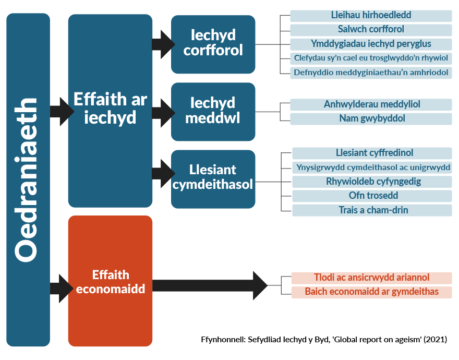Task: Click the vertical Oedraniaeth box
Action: click(28, 179)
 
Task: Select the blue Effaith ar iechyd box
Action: click(110, 111)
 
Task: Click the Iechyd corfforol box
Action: click(213, 44)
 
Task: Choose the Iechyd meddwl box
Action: click(213, 111)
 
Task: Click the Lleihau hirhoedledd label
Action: click(371, 16)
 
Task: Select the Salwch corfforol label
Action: click(371, 30)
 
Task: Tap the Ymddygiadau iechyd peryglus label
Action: click(371, 44)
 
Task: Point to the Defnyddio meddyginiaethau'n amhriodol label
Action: click(371, 73)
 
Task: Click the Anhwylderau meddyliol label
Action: click(371, 104)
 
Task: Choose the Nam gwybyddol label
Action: click(371, 119)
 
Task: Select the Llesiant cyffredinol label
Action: click(372, 153)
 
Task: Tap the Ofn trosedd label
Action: click(372, 196)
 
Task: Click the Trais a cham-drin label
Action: click(372, 210)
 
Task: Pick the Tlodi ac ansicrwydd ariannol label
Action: click(371, 278)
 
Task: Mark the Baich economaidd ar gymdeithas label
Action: click(371, 292)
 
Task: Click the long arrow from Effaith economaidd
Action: click(209, 285)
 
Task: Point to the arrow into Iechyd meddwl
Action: click(163, 111)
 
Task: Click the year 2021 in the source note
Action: click(435, 339)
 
